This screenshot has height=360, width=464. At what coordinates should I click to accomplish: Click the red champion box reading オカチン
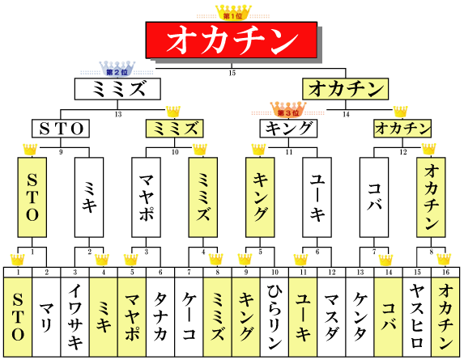point(232,40)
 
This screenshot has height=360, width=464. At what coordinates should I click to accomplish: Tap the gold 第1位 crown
point(233,12)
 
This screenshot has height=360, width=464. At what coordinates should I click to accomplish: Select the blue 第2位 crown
point(117,69)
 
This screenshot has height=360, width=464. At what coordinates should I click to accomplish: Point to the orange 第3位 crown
point(288,109)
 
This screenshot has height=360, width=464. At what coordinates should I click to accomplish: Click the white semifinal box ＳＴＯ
point(61,129)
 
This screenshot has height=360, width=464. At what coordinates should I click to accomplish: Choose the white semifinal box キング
point(288,129)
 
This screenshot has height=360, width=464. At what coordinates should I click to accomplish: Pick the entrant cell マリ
point(46,317)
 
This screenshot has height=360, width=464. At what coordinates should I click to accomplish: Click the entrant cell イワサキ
point(74,317)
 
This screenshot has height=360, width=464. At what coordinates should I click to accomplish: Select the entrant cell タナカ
point(160,317)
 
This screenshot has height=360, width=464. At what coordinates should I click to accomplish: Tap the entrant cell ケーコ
point(189,317)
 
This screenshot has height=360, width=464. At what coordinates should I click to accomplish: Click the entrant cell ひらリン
point(275,317)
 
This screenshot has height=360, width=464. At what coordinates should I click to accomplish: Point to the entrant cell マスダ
point(332,317)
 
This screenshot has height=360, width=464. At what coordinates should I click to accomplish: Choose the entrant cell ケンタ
point(360,317)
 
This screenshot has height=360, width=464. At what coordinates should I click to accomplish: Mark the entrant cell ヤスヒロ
point(417,317)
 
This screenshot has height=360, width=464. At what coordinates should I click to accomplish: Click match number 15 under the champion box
point(232,73)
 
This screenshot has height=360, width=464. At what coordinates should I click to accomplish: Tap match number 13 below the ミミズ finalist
point(118,114)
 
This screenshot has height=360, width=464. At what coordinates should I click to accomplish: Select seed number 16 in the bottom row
point(445,272)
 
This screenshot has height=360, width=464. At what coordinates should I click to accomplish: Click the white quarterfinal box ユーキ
point(317,197)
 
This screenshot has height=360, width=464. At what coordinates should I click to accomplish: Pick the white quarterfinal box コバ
point(374,197)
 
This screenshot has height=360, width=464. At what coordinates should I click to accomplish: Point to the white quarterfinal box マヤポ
point(147,197)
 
